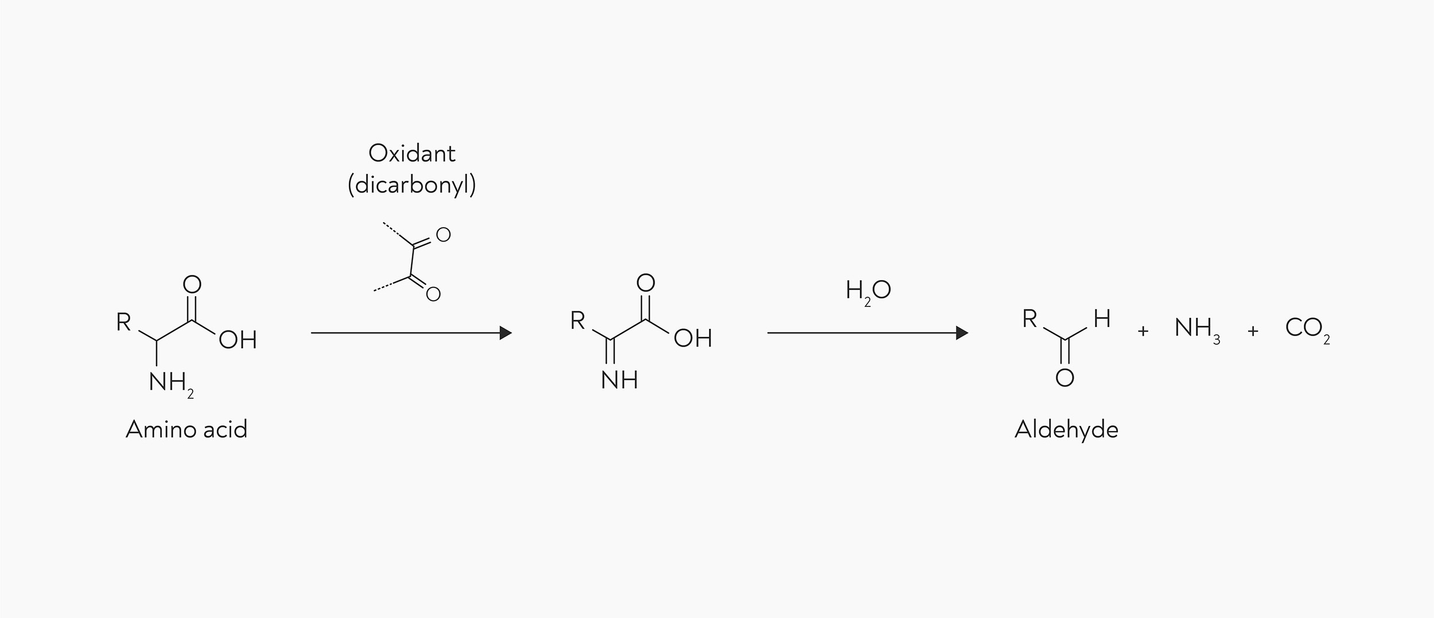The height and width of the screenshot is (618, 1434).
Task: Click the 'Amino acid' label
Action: pos(186,429)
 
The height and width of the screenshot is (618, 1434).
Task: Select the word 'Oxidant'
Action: pos(412,153)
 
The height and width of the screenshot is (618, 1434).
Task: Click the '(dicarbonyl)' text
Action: pos(412,185)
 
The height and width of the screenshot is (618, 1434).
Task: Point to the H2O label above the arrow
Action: pos(868,291)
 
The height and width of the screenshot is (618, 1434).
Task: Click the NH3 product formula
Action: pos(1197,329)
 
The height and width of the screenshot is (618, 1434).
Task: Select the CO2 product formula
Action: pos(1307,329)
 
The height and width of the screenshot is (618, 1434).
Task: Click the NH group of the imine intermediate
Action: pos(619,380)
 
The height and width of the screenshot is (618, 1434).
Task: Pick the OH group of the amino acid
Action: pos(237,340)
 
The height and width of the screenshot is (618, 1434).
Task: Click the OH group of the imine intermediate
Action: pos(693,338)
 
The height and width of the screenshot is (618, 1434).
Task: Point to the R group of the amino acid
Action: pos(123,322)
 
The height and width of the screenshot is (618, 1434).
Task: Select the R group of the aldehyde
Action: pos(1030,318)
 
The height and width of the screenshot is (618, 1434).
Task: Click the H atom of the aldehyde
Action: pos(1102,318)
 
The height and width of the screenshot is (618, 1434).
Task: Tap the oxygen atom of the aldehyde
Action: pos(1065,378)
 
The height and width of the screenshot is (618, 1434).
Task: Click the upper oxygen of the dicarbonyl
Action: pos(443,234)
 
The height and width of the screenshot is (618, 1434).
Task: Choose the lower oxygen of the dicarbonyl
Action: pos(433,294)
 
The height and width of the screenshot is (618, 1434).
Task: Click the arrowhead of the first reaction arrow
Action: pos(506,333)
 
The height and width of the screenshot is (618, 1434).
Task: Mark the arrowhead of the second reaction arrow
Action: pos(962,333)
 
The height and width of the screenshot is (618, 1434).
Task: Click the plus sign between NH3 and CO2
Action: pos(1253,331)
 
